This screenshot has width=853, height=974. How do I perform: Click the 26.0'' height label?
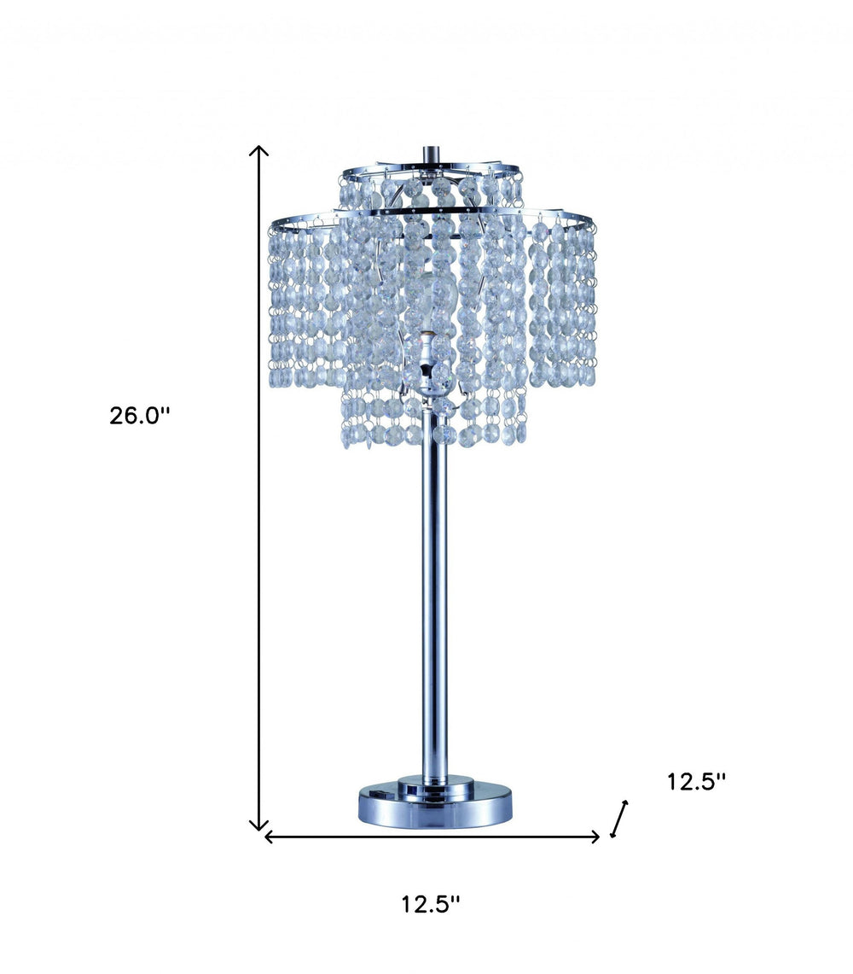140,416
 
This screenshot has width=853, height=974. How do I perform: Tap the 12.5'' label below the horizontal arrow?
431,904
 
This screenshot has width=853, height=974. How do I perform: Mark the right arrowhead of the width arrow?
597,837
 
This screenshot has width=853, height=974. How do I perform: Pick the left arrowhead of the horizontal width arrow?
268,837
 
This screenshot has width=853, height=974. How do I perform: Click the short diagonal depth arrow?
619,819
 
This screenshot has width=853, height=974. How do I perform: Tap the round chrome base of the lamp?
434,808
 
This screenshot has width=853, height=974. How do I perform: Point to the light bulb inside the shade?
432,307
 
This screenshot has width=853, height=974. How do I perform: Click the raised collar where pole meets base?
434,781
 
